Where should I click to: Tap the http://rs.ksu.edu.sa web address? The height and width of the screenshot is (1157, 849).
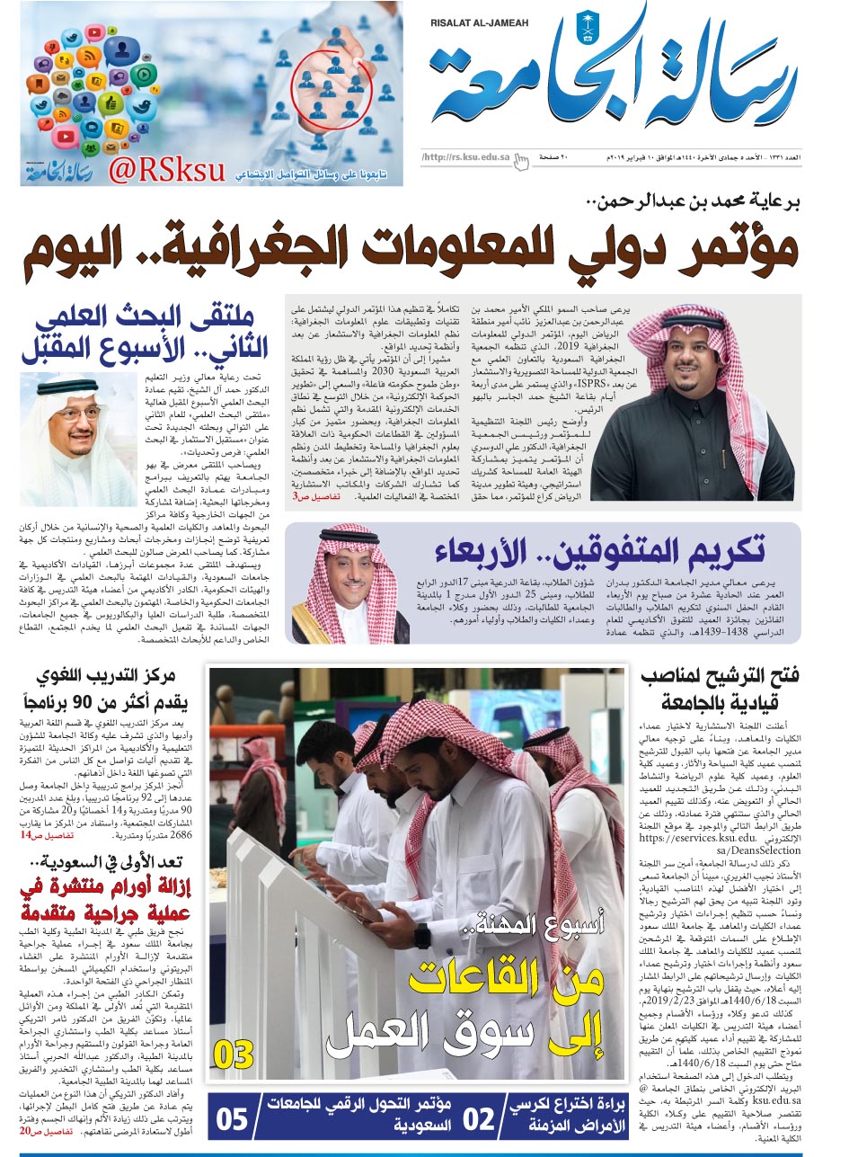tap(465, 158)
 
